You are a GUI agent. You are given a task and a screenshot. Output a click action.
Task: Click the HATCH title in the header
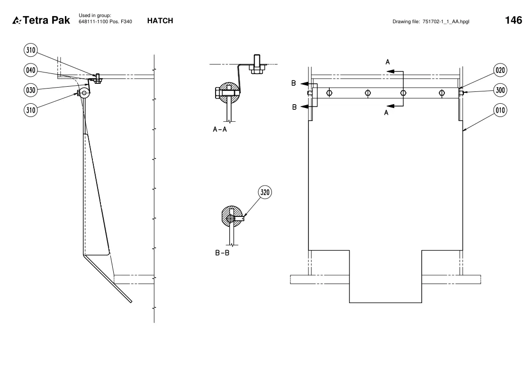click(160, 21)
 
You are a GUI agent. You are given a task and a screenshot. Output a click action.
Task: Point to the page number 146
click(514, 20)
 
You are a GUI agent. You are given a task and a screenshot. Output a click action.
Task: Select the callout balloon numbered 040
click(30, 70)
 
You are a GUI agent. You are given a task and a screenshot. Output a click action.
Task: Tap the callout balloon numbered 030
click(30, 90)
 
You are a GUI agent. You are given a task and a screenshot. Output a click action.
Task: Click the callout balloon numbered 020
click(500, 70)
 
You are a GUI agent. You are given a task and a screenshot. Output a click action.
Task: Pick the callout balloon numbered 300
click(500, 90)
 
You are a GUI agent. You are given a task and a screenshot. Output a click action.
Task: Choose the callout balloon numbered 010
click(500, 110)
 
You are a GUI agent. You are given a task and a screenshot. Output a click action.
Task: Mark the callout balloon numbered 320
click(265, 192)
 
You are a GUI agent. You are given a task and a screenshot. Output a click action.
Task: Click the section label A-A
click(220, 129)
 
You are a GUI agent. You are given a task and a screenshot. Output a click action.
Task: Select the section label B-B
click(222, 253)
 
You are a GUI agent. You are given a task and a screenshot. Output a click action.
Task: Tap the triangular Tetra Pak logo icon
click(17, 20)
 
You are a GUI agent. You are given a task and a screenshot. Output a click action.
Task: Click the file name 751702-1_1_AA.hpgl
click(446, 21)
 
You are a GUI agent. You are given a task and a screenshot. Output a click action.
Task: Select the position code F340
click(126, 21)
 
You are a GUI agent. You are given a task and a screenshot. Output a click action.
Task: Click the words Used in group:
click(95, 15)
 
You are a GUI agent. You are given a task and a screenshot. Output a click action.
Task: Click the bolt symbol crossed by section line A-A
click(403, 93)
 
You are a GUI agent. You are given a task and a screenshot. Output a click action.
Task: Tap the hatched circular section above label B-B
click(232, 216)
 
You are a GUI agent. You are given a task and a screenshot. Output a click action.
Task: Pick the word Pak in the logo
click(61, 20)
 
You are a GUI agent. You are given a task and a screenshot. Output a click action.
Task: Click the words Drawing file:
click(406, 21)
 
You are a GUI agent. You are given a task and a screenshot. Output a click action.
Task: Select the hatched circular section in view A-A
click(229, 92)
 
